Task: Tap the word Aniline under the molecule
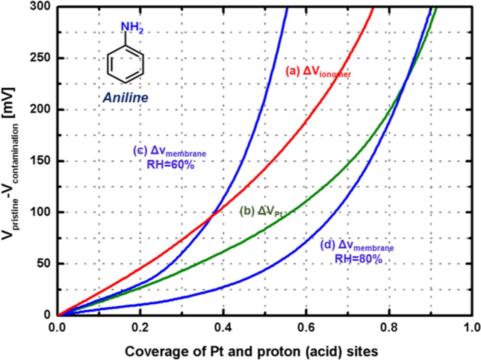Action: coord(126,98)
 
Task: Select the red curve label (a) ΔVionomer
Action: coord(318,72)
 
